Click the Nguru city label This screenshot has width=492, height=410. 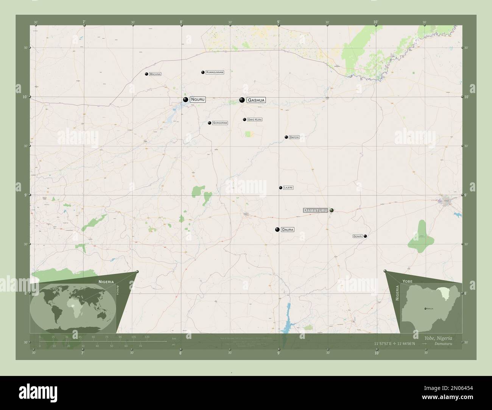pyautogui.click(x=198, y=99)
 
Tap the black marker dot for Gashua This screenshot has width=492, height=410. pyautogui.click(x=241, y=100)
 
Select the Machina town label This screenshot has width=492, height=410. pyautogui.click(x=155, y=74)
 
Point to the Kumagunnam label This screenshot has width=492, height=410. pyautogui.click(x=215, y=72)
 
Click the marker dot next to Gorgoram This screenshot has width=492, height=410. pyautogui.click(x=209, y=123)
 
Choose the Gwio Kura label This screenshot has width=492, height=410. pyautogui.click(x=254, y=120)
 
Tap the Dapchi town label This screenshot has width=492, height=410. pyautogui.click(x=294, y=137)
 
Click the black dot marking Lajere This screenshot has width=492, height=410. pyautogui.click(x=280, y=188)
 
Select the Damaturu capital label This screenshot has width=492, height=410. pyautogui.click(x=315, y=210)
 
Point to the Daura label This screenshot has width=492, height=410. pyautogui.click(x=288, y=230)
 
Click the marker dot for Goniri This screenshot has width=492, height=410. pyautogui.click(x=365, y=236)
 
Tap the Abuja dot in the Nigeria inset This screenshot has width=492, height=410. pyautogui.click(x=425, y=309)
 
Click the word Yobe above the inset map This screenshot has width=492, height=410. pyautogui.click(x=408, y=282)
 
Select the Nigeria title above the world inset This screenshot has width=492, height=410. pyautogui.click(x=106, y=282)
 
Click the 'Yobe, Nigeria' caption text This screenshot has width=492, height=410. pyautogui.click(x=436, y=338)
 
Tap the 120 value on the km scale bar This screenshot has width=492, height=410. pyautogui.click(x=147, y=337)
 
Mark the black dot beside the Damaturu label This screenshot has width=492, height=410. pyautogui.click(x=332, y=210)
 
